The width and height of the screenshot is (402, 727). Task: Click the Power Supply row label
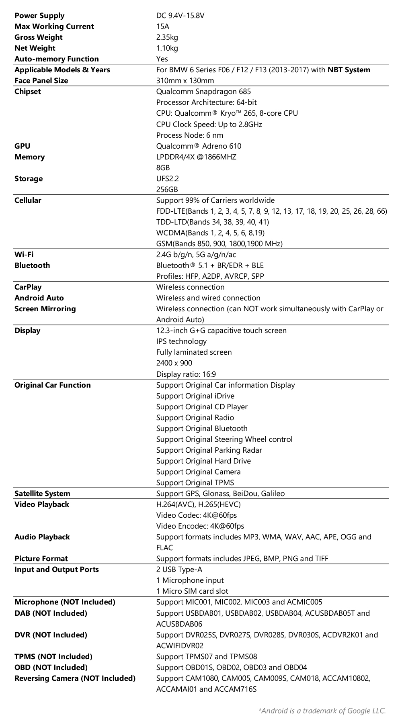pyautogui.click(x=39, y=16)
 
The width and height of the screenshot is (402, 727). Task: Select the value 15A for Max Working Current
pyautogui.click(x=162, y=27)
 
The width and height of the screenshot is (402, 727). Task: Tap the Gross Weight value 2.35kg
pyautogui.click(x=167, y=37)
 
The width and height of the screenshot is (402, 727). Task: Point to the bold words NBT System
pyautogui.click(x=349, y=70)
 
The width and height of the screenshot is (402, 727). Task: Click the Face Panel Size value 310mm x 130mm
pyautogui.click(x=185, y=81)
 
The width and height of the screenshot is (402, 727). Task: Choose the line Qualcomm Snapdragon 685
pyautogui.click(x=203, y=92)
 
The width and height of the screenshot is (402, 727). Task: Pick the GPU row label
pyautogui.click(x=23, y=146)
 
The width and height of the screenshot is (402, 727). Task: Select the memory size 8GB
pyautogui.click(x=163, y=168)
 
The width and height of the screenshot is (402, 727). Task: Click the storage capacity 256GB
pyautogui.click(x=167, y=190)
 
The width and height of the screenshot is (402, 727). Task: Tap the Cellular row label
pyautogui.click(x=28, y=200)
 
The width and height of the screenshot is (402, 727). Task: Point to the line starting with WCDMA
pyautogui.click(x=210, y=233)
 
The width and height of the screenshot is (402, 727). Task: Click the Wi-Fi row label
pyautogui.click(x=24, y=255)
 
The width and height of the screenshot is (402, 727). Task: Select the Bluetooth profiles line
pyautogui.click(x=210, y=276)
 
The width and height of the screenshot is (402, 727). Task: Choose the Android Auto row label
pyautogui.click(x=39, y=298)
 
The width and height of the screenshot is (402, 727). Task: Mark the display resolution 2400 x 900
pyautogui.click(x=174, y=363)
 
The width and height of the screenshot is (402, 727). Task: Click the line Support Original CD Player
pyautogui.click(x=202, y=407)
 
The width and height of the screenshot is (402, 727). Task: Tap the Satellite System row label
pyautogui.click(x=42, y=494)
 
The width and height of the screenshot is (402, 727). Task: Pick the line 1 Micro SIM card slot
pyautogui.click(x=192, y=591)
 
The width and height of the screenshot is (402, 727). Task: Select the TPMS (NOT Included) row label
pyautogui.click(x=53, y=657)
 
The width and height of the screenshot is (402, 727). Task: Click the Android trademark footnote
pyautogui.click(x=322, y=711)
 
